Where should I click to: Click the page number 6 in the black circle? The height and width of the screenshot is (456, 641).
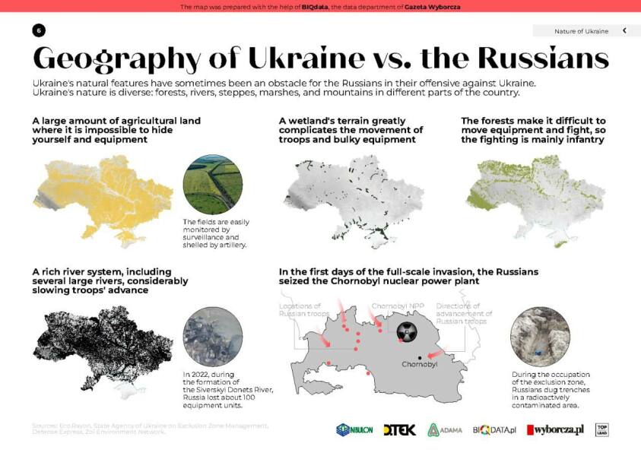[x=39, y=30]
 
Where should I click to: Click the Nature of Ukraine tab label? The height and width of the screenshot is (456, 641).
[x=581, y=31]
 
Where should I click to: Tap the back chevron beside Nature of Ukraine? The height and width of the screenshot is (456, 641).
[x=624, y=31]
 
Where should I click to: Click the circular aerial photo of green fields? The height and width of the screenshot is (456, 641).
[x=213, y=185]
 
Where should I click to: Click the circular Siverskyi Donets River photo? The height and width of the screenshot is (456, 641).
[x=213, y=337]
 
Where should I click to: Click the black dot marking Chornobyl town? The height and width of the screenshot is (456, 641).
[x=420, y=356]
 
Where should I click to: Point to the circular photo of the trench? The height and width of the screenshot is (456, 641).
[x=539, y=337]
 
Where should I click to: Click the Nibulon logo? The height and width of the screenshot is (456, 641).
[x=354, y=430]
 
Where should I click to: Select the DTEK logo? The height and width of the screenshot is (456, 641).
[x=400, y=430]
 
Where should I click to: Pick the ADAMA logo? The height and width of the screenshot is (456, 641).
[x=445, y=430]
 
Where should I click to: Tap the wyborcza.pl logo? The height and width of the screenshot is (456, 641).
[x=556, y=430]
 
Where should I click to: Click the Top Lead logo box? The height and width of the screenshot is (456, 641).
[x=602, y=429]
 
